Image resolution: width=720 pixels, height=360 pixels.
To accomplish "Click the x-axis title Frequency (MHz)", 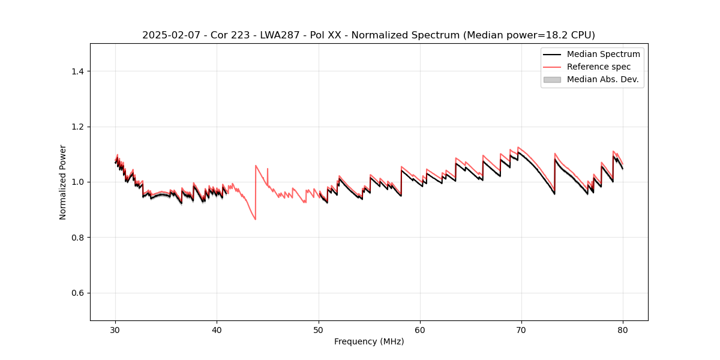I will point(369,341).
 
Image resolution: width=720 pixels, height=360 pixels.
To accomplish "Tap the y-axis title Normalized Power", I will point(62,182).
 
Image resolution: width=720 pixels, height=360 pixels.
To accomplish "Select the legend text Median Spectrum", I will point(603,54).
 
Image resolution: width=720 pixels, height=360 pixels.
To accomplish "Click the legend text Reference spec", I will point(599,67).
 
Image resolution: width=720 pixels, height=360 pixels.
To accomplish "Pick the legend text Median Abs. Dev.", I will point(603,79).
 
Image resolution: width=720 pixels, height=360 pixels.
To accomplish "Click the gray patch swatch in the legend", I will point(552,79).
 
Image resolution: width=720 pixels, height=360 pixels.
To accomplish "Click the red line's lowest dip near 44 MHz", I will point(255,219).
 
